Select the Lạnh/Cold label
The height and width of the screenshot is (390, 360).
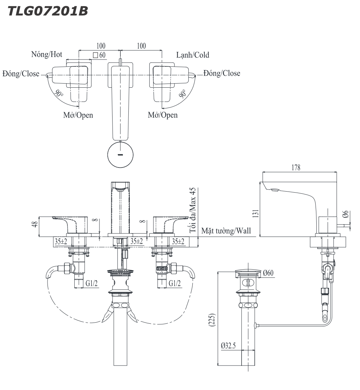tap(192, 55)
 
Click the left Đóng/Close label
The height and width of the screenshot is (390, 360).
tap(20, 74)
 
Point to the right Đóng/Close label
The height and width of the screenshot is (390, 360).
tap(222, 73)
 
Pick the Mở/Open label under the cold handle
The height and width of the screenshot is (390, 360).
tap(163, 115)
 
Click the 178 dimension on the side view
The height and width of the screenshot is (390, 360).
tap(296, 167)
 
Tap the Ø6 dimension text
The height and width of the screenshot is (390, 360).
tap(346, 214)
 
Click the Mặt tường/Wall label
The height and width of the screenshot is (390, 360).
tap(226, 231)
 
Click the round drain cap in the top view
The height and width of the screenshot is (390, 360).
tap(120, 155)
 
